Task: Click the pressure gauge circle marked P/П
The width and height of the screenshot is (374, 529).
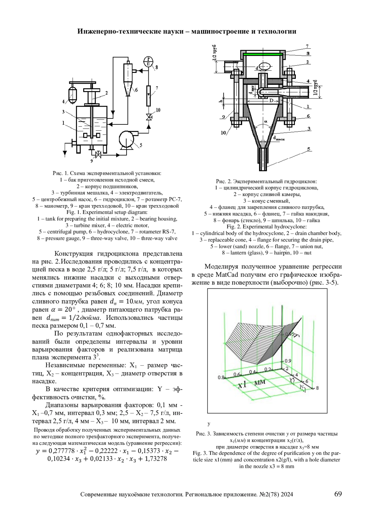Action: (x=148, y=60)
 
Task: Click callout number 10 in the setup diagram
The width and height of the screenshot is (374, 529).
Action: (x=158, y=110)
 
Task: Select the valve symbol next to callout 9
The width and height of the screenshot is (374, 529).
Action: (x=98, y=154)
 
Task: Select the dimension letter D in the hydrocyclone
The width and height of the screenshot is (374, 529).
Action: (x=271, y=101)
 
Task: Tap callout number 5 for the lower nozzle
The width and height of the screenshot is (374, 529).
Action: (x=309, y=149)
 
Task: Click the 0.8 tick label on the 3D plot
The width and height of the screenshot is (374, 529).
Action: (x=221, y=378)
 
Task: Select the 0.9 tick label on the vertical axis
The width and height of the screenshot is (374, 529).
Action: (x=288, y=361)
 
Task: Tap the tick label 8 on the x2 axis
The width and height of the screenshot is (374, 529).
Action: (x=317, y=388)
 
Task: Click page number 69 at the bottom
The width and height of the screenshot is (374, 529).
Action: (x=338, y=494)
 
